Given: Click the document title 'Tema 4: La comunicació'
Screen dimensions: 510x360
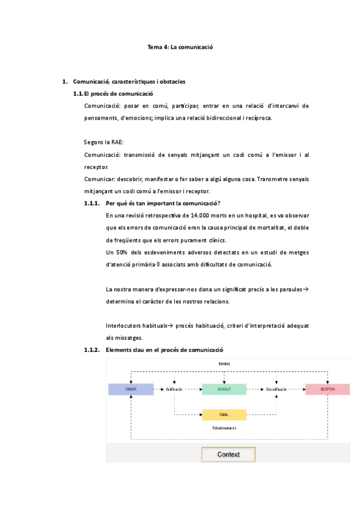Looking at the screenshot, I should [x=181, y=46].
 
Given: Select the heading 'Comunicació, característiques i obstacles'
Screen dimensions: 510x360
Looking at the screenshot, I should [x=129, y=81].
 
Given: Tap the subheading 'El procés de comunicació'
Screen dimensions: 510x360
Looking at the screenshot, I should [x=118, y=93].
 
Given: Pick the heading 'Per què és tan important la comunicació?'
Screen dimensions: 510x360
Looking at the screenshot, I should [x=162, y=203].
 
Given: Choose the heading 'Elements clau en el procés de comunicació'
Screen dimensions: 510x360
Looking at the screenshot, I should [x=164, y=349].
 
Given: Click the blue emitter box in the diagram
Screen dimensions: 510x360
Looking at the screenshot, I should [x=130, y=389].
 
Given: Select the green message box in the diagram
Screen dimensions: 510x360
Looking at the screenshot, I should [x=224, y=389].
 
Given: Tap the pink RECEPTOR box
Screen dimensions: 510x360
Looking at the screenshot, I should [x=328, y=389].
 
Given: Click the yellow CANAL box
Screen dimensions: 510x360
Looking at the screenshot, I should [x=224, y=414].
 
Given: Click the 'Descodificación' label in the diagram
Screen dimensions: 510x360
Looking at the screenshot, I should [x=277, y=389].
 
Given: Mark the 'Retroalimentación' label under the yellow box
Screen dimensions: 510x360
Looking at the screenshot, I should [x=224, y=428].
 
